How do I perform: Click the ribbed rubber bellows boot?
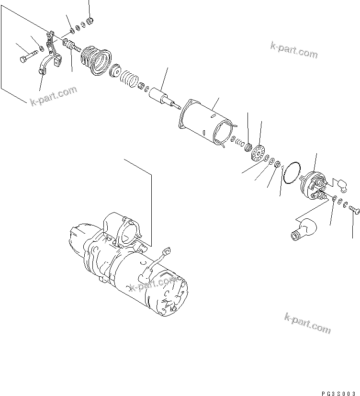pyautogui.click(x=96, y=60)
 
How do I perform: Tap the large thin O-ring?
pyautogui.click(x=291, y=172)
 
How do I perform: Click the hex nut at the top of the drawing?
pyautogui.click(x=90, y=21)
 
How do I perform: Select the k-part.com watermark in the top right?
pyautogui.click(x=293, y=50)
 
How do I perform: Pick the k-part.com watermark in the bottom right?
pyautogui.click(x=307, y=324)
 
